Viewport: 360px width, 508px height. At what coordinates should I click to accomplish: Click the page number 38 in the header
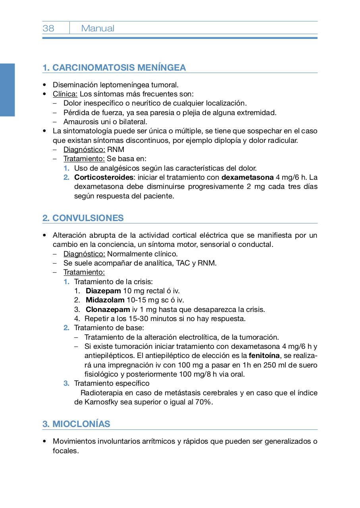pos(48,28)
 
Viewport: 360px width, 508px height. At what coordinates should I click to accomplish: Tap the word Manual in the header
pos(98,28)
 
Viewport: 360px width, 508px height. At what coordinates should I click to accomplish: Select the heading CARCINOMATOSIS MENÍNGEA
pos(119,67)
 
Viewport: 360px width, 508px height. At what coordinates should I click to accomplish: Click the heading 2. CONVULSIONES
pos(83,218)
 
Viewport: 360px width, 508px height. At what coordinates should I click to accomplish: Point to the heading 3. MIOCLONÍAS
pos(76,424)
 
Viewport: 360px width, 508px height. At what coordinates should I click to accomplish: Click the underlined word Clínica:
pos(65,94)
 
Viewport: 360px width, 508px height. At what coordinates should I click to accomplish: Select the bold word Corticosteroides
pos(104,177)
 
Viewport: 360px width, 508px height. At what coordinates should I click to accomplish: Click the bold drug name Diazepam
pos(103,291)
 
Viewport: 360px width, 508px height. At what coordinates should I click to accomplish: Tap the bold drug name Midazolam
pos(105,300)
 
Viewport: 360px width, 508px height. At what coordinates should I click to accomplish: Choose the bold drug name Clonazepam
pos(108,310)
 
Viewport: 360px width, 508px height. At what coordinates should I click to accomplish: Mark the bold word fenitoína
pos(264,356)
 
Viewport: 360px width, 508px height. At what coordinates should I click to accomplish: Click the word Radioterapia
pos(101,393)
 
